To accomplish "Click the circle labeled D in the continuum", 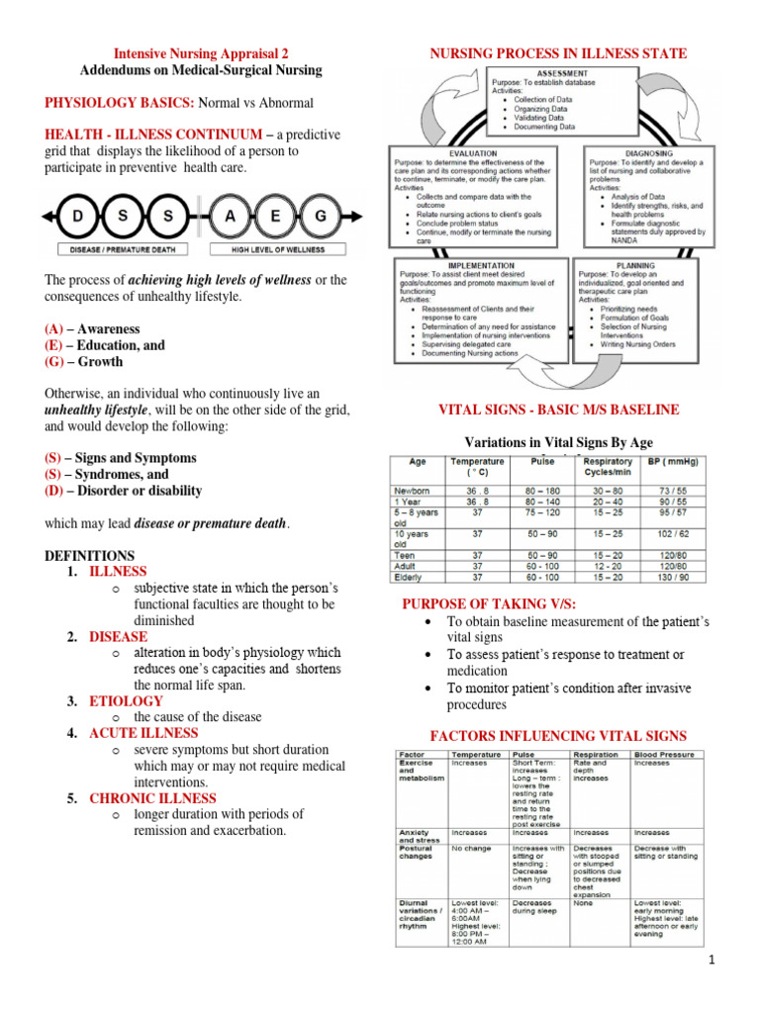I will (x=75, y=216).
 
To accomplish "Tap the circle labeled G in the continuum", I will (x=320, y=216).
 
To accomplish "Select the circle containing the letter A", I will (x=232, y=216).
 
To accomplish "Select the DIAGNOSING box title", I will (x=649, y=153).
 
